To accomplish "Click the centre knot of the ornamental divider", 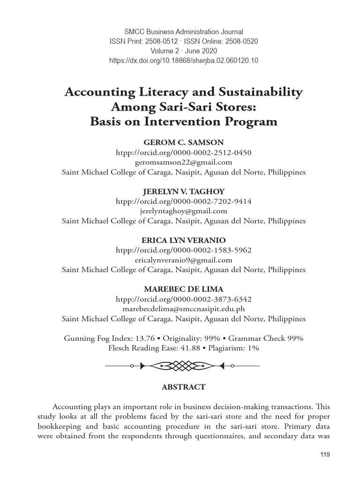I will [x=180, y=366].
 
